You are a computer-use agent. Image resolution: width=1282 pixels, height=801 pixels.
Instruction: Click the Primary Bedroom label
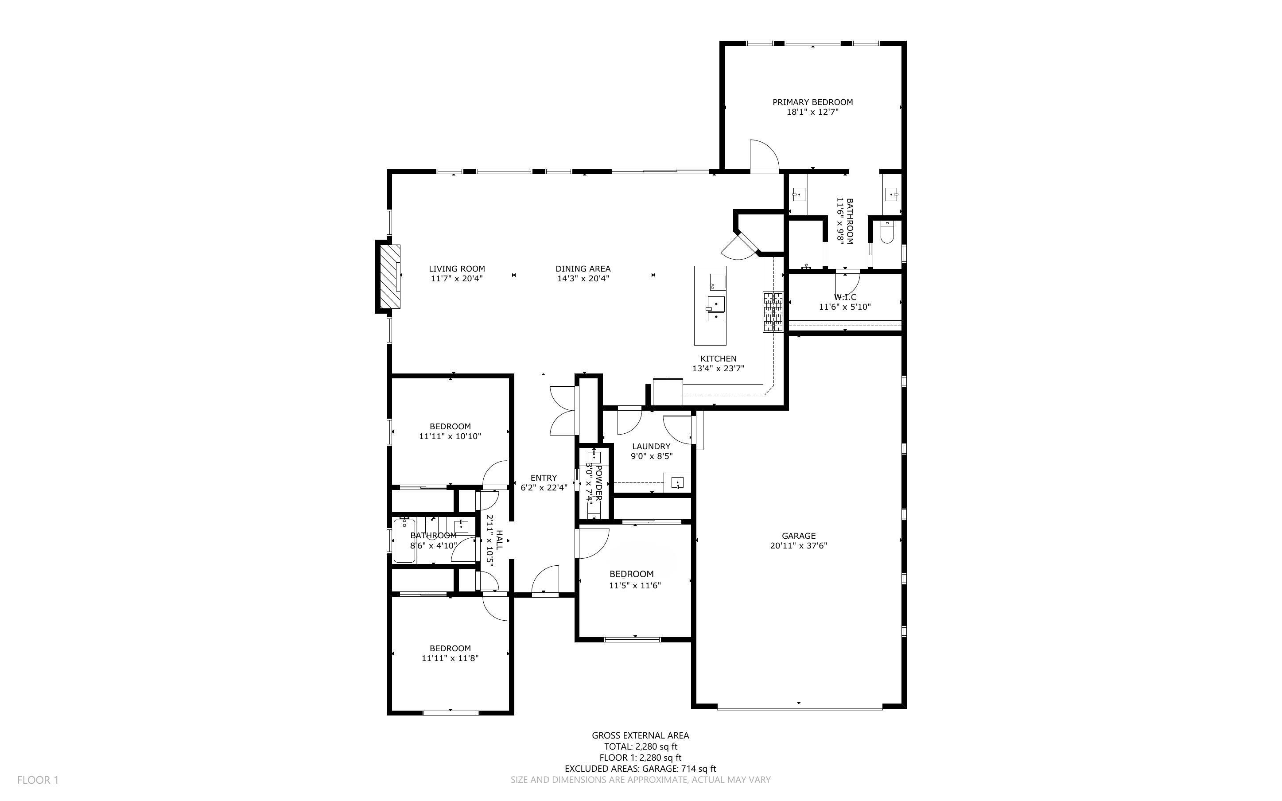click(x=812, y=102)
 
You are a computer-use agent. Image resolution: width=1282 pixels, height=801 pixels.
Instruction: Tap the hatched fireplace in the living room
click(x=391, y=276)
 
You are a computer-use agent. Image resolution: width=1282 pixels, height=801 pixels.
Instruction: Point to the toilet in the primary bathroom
click(x=886, y=232)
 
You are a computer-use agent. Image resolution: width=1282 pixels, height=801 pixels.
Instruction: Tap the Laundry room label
click(x=651, y=446)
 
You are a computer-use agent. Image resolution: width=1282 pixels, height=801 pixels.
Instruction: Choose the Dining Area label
click(x=583, y=268)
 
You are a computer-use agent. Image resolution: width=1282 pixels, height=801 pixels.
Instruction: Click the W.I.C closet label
click(x=845, y=297)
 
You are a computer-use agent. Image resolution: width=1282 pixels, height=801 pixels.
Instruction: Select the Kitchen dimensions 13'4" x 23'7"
click(x=719, y=369)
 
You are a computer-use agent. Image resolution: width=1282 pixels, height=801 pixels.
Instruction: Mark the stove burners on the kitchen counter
click(x=773, y=312)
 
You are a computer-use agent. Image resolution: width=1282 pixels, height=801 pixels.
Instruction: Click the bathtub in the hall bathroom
click(x=405, y=541)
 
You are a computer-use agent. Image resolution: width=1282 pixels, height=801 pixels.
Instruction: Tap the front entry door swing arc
click(x=546, y=579)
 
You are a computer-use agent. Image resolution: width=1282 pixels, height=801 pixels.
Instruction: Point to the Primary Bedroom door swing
click(x=764, y=155)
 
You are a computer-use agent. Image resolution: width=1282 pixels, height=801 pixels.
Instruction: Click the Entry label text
click(x=544, y=478)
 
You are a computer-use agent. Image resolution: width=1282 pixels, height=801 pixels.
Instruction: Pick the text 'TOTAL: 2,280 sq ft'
click(x=641, y=747)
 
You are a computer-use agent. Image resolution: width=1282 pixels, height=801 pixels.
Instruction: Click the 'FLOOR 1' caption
click(x=38, y=780)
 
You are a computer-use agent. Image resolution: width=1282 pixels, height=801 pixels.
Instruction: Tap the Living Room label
click(x=457, y=268)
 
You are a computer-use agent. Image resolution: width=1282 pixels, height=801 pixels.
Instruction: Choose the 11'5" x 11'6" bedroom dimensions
click(x=635, y=585)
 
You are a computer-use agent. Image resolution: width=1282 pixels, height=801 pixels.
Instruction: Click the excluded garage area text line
click(x=640, y=769)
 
